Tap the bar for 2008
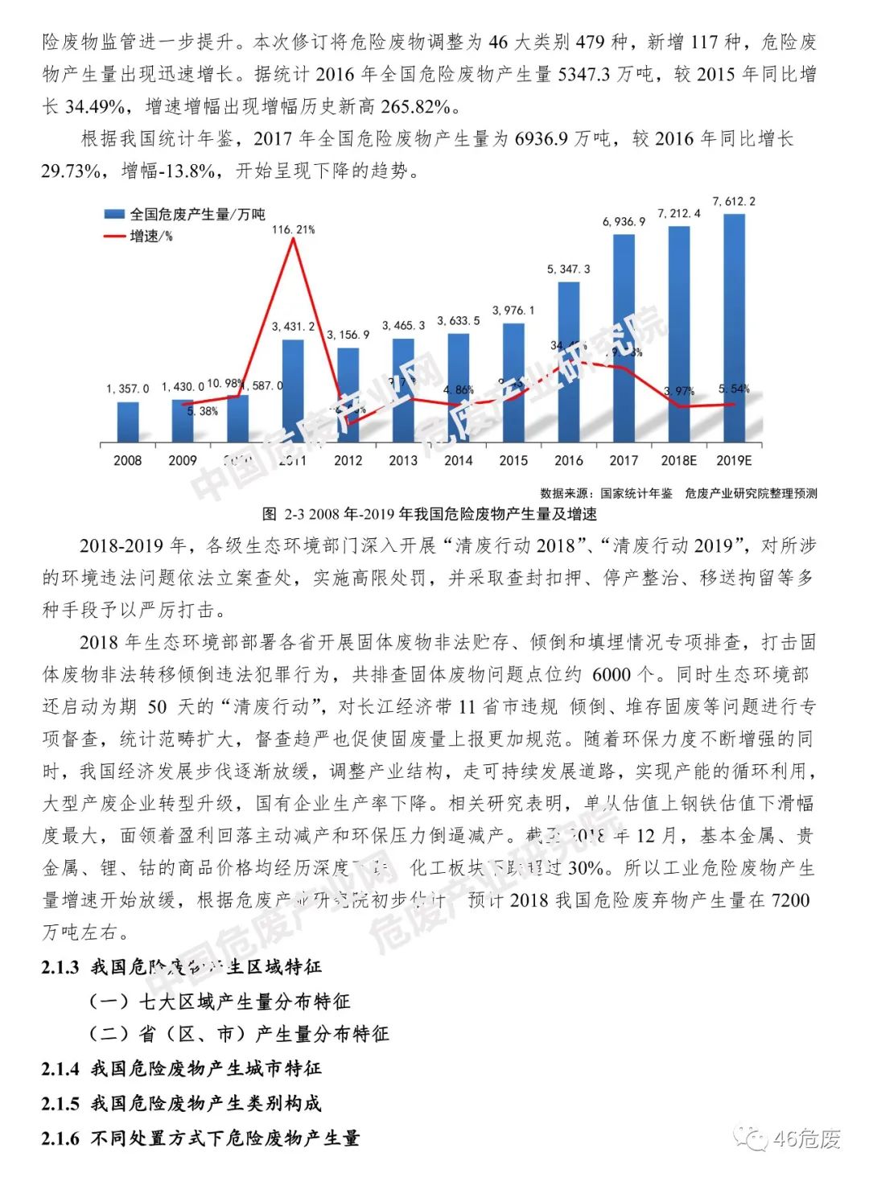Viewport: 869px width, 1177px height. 128,422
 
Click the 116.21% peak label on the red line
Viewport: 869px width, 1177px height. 293,230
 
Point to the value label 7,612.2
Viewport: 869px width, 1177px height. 734,202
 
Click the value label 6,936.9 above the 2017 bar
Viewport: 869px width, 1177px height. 624,221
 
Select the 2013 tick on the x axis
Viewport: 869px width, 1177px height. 403,461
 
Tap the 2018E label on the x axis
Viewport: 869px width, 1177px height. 678,461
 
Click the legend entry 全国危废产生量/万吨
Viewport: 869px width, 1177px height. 185,214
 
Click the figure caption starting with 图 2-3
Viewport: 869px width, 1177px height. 430,514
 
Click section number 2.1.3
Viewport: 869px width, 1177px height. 60,966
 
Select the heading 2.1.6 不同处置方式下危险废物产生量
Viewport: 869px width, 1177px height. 200,1138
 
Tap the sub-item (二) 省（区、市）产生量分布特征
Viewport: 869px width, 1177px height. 239,1034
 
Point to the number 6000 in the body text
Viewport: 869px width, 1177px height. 612,674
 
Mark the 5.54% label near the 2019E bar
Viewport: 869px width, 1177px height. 734,389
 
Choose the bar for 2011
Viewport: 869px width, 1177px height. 293,391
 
